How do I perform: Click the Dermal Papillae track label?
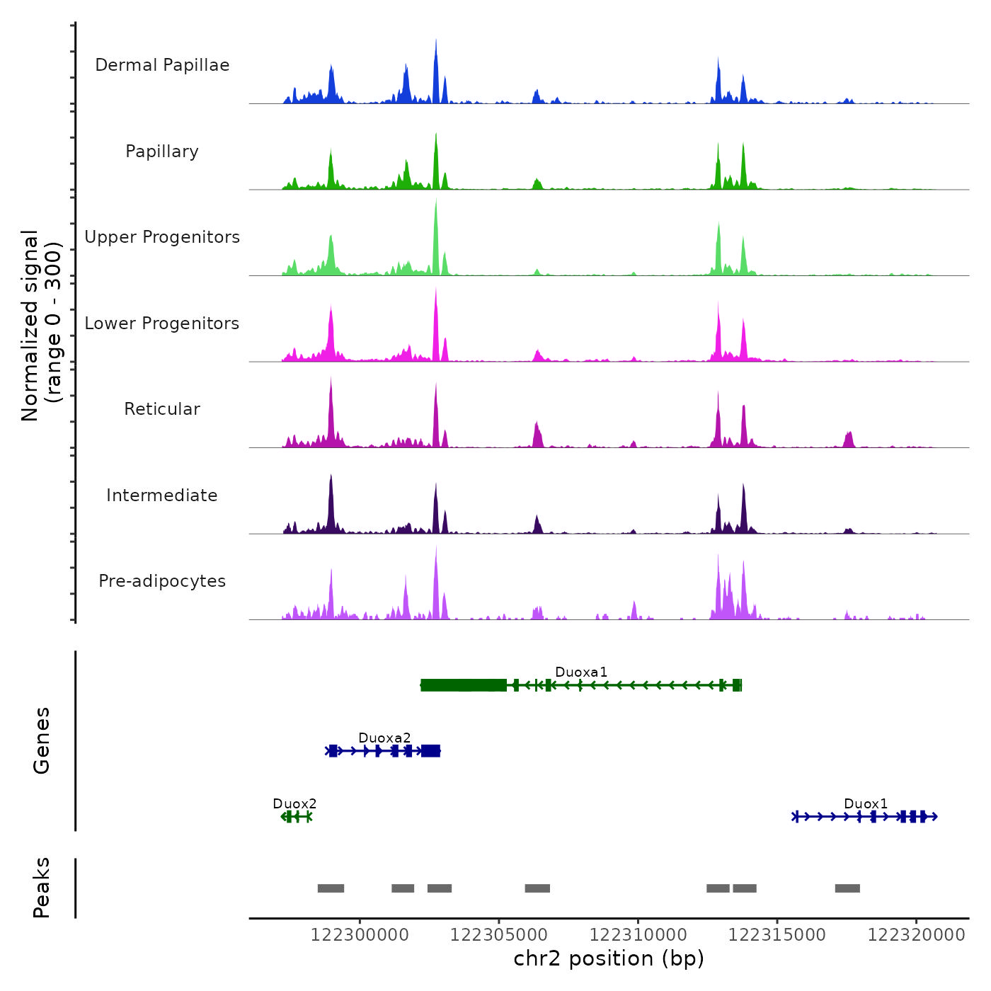pyautogui.click(x=162, y=65)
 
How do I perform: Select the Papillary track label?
pyautogui.click(x=162, y=151)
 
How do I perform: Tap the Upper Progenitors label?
pyautogui.click(x=162, y=237)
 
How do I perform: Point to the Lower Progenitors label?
pyautogui.click(x=162, y=323)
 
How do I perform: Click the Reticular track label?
pyautogui.click(x=162, y=409)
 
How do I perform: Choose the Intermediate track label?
pyautogui.click(x=162, y=495)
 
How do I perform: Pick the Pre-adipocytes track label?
pyautogui.click(x=162, y=581)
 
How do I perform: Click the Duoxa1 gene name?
pyautogui.click(x=581, y=672)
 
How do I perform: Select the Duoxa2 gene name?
pyautogui.click(x=384, y=738)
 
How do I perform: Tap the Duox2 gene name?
pyautogui.click(x=294, y=803)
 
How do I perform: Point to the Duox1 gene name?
pyautogui.click(x=866, y=803)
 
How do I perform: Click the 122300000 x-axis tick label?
pyautogui.click(x=360, y=935)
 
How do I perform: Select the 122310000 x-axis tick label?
pyautogui.click(x=638, y=935)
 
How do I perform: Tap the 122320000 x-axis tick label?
pyautogui.click(x=916, y=935)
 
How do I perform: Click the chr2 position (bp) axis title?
pyautogui.click(x=609, y=958)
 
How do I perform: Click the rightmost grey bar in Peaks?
pyautogui.click(x=847, y=888)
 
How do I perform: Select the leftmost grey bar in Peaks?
pyautogui.click(x=331, y=888)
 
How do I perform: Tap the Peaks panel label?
pyautogui.click(x=42, y=888)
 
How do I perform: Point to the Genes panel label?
pyautogui.click(x=42, y=740)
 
